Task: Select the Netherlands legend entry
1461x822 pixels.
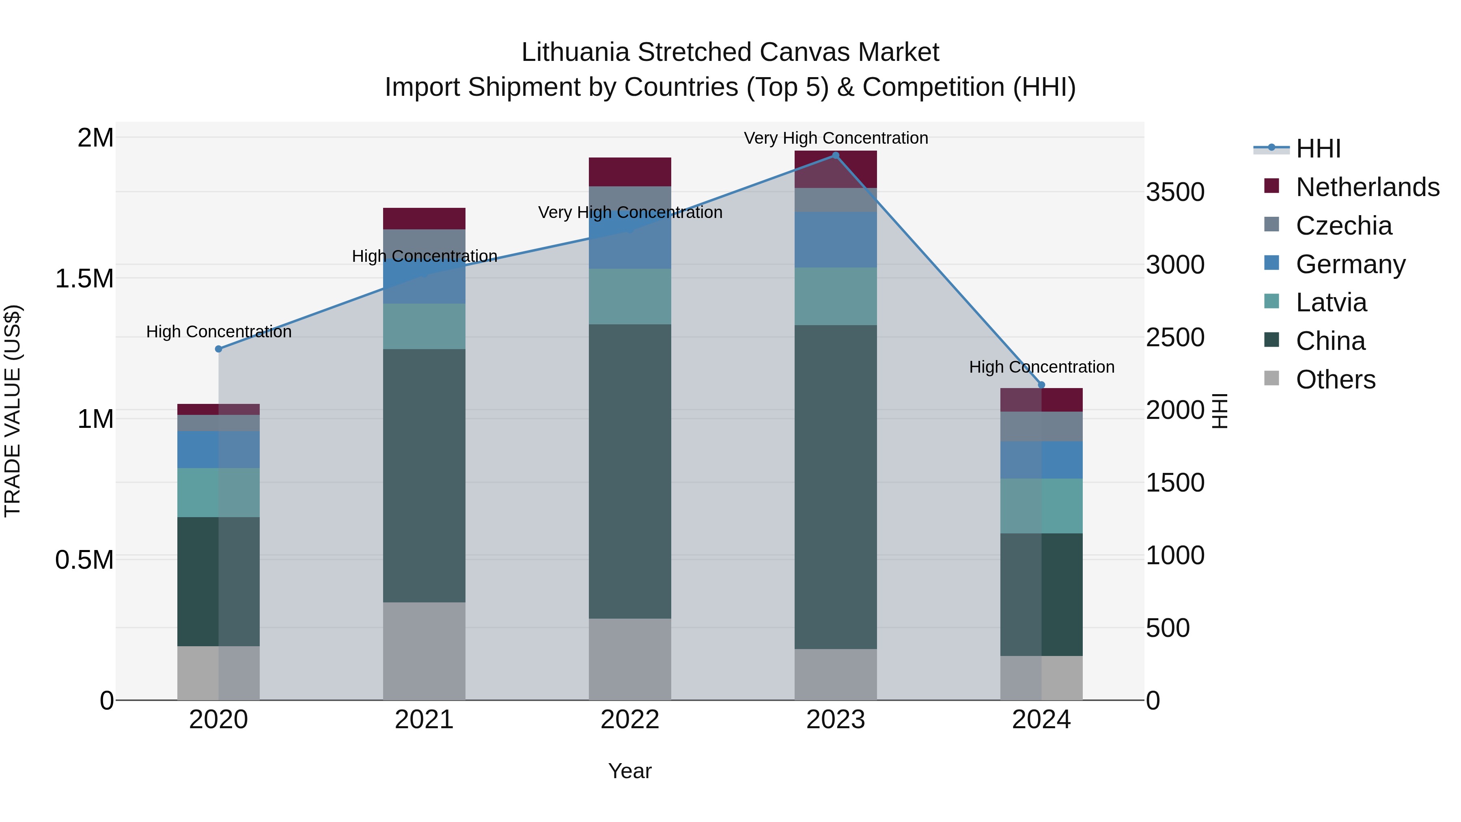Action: [1367, 187]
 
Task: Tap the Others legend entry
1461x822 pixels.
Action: [1335, 380]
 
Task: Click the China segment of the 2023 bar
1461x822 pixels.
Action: [836, 487]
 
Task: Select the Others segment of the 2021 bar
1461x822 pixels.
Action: [424, 651]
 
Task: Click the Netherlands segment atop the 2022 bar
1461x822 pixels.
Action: [629, 172]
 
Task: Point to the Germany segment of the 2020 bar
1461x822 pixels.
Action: [218, 449]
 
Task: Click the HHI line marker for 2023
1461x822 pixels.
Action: [836, 155]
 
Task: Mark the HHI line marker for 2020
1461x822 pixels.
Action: [218, 349]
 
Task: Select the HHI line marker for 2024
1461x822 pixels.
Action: [1041, 385]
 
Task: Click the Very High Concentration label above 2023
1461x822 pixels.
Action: [836, 138]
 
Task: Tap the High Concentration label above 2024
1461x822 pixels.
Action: [1041, 367]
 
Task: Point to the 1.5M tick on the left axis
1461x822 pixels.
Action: [84, 278]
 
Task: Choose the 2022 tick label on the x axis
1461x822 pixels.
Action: [629, 720]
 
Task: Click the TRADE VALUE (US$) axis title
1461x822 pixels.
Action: [13, 411]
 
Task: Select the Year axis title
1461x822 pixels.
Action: [629, 771]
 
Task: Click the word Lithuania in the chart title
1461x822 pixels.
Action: [575, 52]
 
